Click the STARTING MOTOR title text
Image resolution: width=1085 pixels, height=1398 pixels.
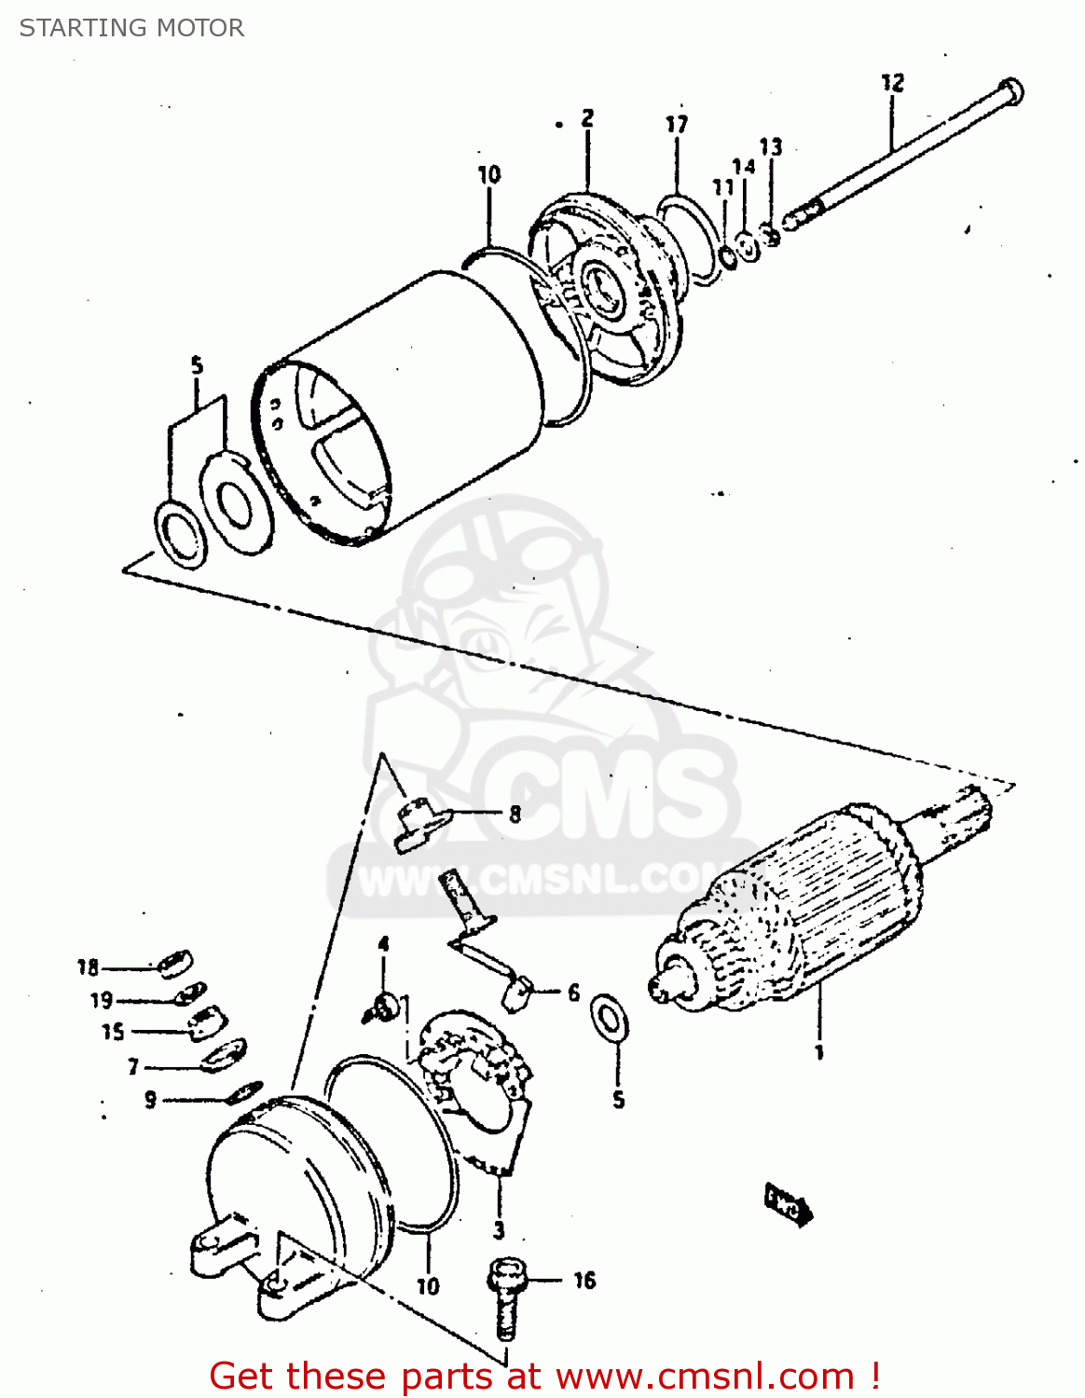pos(131,28)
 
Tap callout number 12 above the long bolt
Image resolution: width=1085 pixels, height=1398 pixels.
pos(892,83)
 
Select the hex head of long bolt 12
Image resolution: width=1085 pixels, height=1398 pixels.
pos(1010,92)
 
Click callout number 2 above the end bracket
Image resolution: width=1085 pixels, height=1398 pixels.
pos(587,118)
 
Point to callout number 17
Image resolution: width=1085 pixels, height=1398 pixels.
pos(677,124)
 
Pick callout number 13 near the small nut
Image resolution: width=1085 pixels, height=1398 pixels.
pos(771,147)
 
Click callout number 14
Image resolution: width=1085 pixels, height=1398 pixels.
pos(743,167)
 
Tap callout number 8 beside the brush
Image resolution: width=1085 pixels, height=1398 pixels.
pos(515,815)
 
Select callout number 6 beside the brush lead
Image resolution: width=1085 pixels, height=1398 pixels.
pos(573,994)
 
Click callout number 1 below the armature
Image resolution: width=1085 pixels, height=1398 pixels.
pos(819,1053)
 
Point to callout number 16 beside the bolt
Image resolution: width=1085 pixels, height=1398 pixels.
pos(584,1281)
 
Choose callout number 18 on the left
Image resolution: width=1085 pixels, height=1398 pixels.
pos(89,967)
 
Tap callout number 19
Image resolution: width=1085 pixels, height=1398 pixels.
pos(101,1001)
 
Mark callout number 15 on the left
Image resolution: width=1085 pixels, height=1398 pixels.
pos(113,1033)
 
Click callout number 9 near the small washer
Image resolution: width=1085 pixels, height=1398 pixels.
pos(150,1101)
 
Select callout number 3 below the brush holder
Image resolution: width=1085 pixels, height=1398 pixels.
pos(499,1230)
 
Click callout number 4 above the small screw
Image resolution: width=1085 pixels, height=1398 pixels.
pos(383,946)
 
